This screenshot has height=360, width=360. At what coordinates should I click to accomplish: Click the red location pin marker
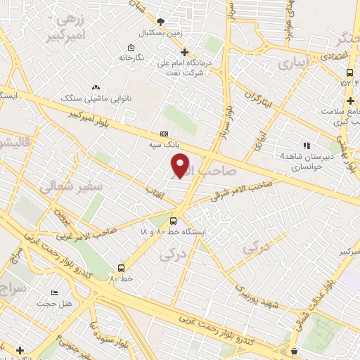180,165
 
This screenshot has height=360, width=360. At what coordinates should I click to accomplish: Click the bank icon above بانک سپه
165,133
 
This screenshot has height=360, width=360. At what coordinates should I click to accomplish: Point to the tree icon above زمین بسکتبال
161,22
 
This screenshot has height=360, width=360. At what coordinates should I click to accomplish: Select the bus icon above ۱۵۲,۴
349,72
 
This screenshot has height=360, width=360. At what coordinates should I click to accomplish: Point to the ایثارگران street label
259,101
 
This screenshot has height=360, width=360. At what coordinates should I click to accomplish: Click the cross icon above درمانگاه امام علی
184,51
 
